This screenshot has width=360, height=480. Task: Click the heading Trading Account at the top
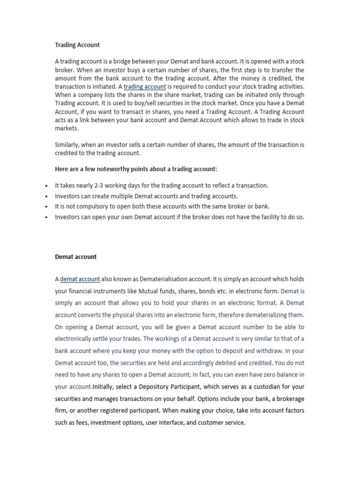[x=77, y=45]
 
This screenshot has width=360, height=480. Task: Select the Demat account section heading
[x=76, y=257]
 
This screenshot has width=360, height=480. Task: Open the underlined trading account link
[x=145, y=87]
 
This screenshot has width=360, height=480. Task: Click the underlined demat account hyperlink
[x=80, y=279]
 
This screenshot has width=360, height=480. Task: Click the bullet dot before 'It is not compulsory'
[x=46, y=207]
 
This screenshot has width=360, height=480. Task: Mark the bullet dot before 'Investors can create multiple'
[x=46, y=196]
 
